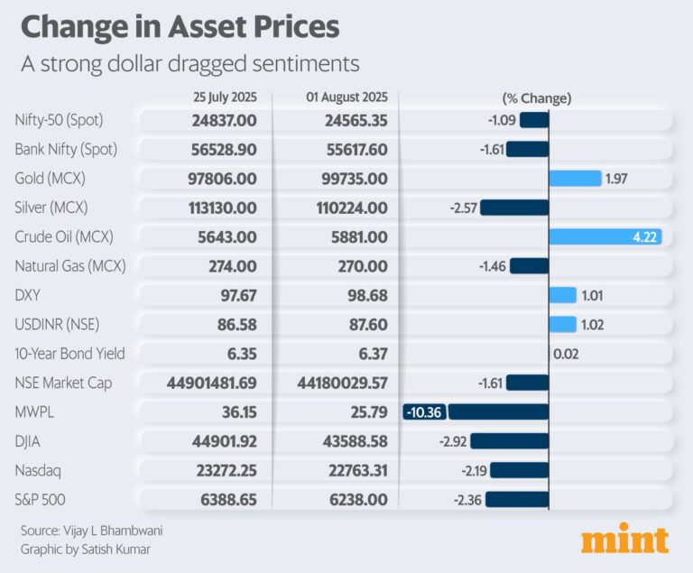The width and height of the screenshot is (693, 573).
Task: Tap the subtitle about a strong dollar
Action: tap(190, 64)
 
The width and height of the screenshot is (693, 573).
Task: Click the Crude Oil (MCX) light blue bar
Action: tap(605, 237)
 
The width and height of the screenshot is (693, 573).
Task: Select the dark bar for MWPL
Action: tap(498, 412)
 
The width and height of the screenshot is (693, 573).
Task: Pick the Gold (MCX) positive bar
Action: tap(575, 179)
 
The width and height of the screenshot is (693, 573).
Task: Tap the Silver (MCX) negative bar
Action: tap(514, 208)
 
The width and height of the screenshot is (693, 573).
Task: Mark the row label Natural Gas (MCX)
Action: tap(71, 266)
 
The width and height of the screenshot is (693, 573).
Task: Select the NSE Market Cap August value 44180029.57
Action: tap(342, 384)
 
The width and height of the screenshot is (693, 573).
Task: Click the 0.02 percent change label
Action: tap(565, 355)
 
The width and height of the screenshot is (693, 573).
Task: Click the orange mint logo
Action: tap(624, 539)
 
